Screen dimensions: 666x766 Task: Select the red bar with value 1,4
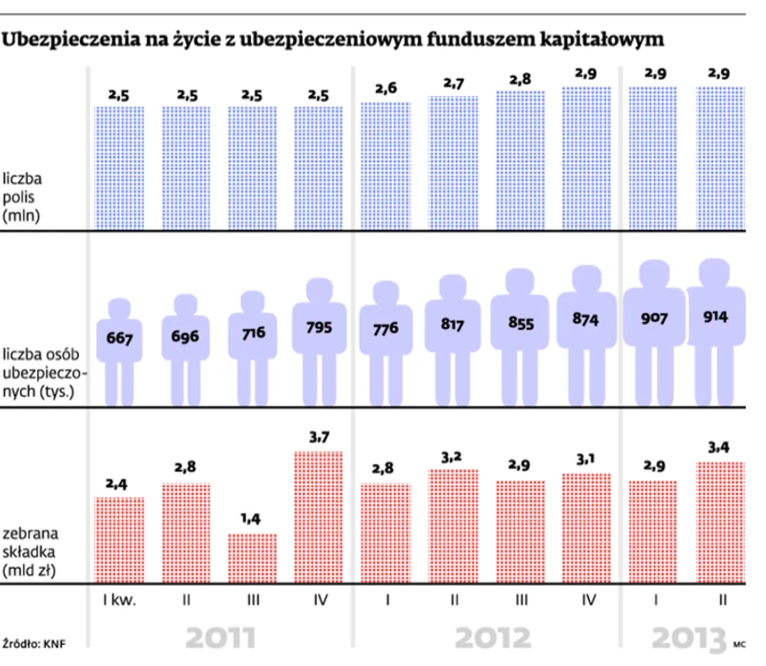251,558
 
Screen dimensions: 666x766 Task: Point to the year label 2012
486,637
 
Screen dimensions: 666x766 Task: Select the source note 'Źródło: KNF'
38,642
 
